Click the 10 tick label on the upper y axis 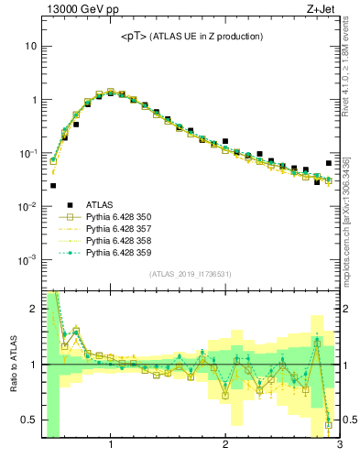tap(30, 46)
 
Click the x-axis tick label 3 tap(339, 446)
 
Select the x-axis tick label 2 tap(225, 446)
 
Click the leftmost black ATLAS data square tap(53, 185)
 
